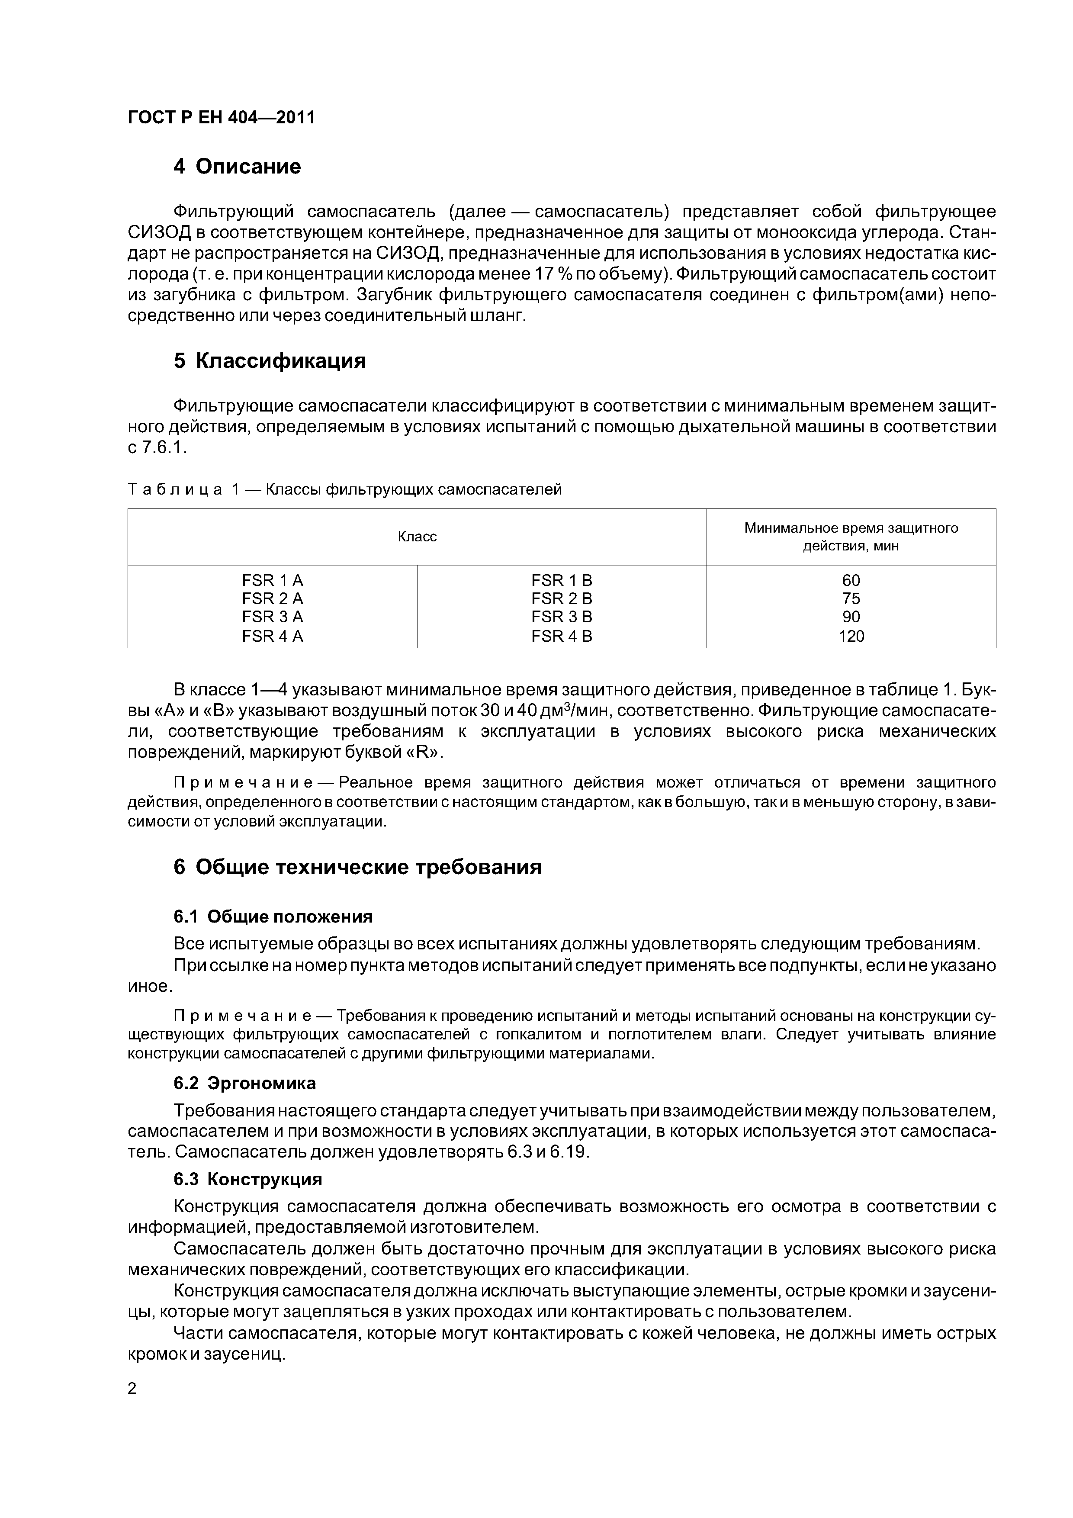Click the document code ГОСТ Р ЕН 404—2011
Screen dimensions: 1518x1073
(221, 118)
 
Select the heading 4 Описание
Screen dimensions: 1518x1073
(237, 167)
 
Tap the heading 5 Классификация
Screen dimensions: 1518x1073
(269, 361)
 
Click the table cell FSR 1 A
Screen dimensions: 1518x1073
(273, 580)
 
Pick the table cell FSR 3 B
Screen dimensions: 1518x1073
(561, 617)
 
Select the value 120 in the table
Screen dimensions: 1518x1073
(851, 636)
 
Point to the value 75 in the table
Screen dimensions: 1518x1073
(851, 598)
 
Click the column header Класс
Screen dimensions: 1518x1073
(417, 537)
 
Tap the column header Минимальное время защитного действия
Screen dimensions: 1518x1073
(851, 537)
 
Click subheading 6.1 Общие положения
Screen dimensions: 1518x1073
(273, 917)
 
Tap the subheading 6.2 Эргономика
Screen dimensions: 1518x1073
(244, 1083)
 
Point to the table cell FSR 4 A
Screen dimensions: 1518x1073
(273, 636)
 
